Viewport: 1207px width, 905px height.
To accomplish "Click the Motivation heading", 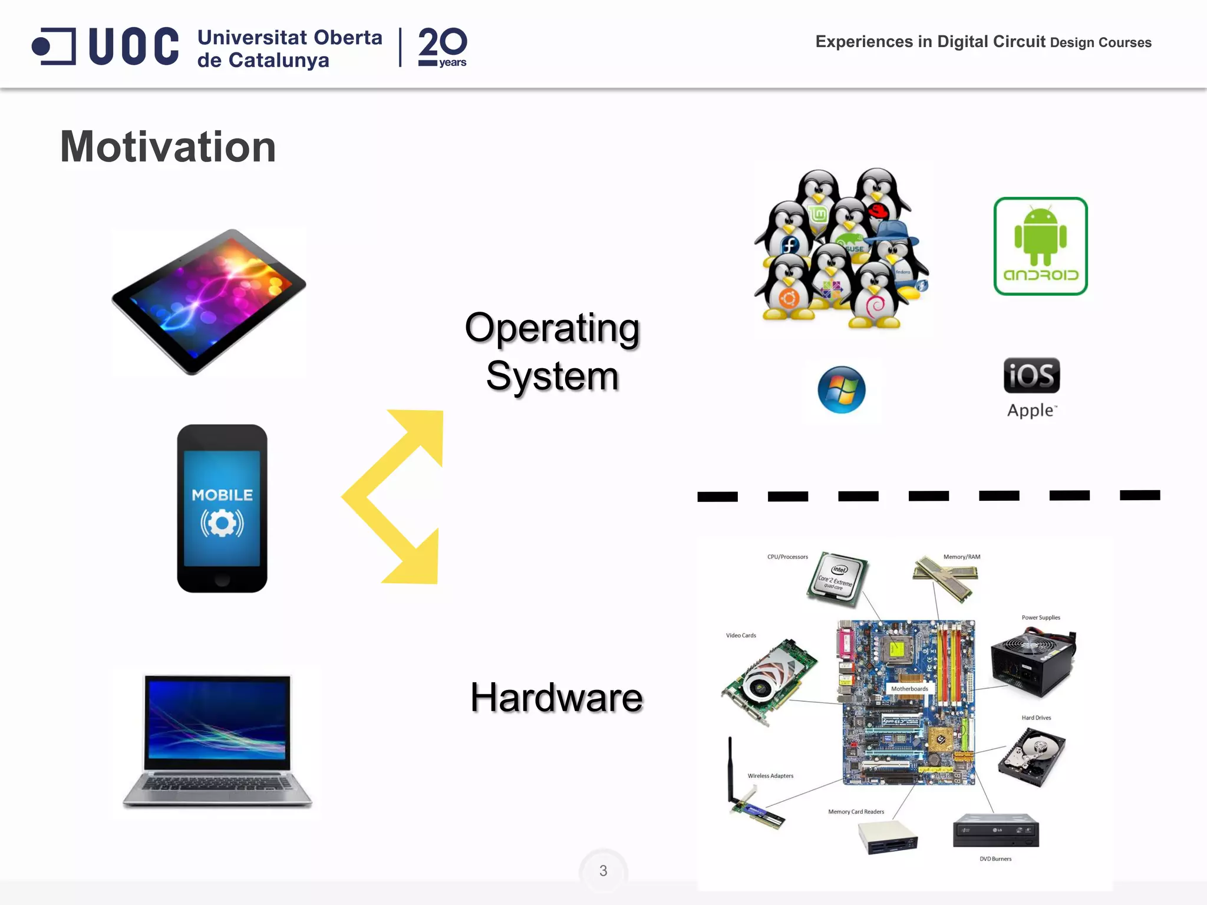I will pos(168,147).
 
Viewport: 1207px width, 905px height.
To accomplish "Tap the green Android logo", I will pos(1040,246).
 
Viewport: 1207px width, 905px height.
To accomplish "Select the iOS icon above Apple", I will pos(1031,375).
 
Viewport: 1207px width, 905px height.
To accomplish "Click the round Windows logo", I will pos(842,390).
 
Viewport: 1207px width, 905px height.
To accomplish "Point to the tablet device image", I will pos(209,301).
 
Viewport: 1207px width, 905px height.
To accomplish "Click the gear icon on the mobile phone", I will pos(222,523).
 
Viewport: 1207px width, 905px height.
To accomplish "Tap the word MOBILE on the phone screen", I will pos(222,495).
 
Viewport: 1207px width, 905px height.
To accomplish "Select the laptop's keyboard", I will pos(217,784).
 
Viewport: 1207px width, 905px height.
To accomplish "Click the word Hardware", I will pos(556,698).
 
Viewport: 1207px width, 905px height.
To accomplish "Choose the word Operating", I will pos(552,328).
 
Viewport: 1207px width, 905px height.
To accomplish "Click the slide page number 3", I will pos(603,871).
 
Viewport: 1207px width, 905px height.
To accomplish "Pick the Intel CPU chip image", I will pos(837,579).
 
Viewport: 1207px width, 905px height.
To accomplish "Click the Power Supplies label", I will pos(1041,617).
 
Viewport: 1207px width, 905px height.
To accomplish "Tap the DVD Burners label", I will pos(995,859).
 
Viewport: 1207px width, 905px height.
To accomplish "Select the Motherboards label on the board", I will pos(909,689).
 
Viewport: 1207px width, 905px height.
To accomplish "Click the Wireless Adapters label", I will pos(770,776).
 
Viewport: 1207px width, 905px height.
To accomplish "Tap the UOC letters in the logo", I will pos(133,46).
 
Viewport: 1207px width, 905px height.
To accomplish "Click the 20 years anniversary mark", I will pos(443,47).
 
